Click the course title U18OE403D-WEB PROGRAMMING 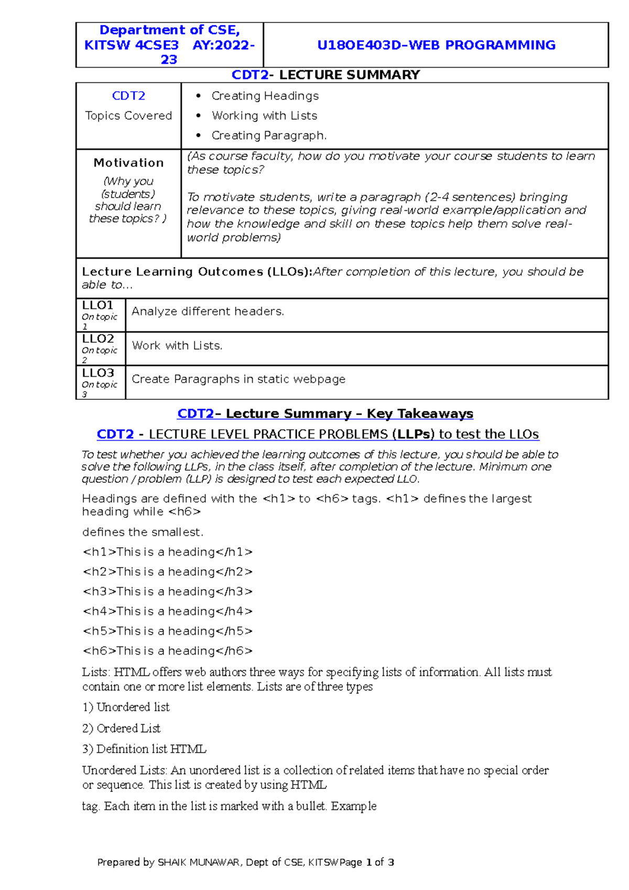coord(436,45)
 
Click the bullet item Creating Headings coord(265,96)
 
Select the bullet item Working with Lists coord(264,116)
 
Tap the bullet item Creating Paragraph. coord(269,136)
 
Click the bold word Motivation coord(128,163)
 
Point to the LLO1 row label coord(98,306)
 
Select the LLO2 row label coord(98,339)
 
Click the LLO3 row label coord(98,373)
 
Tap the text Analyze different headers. coord(208,311)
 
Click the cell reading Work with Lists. coord(177,346)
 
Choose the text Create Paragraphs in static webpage coord(238,379)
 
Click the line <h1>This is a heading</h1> coord(168,552)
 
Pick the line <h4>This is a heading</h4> coord(168,611)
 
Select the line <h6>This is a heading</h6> coord(168,651)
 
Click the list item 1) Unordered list coord(126,708)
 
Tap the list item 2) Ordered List coord(122,729)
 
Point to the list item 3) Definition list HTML coord(144,749)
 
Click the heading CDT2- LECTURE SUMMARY coord(326,75)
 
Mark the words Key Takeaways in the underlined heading coord(420,414)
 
